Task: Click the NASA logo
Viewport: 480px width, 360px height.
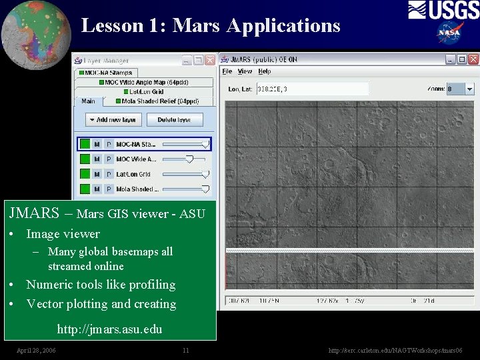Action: tap(451, 32)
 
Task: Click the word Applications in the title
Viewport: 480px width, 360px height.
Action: tap(283, 25)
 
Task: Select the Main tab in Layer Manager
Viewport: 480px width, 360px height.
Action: tap(88, 101)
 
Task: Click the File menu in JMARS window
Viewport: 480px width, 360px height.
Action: tap(227, 71)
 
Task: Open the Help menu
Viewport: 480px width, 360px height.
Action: tap(265, 71)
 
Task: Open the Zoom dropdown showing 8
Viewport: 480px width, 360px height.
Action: tap(470, 89)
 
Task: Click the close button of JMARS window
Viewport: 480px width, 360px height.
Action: tap(472, 59)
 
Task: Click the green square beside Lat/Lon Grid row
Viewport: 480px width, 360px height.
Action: tap(85, 174)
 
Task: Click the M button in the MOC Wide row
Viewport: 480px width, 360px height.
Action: tap(97, 159)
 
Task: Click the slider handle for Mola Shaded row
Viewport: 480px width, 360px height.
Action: tap(205, 189)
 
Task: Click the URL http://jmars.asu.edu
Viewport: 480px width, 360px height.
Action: tap(109, 329)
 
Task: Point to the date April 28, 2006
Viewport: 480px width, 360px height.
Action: tap(36, 350)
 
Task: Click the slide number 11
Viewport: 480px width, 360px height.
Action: tap(186, 350)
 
